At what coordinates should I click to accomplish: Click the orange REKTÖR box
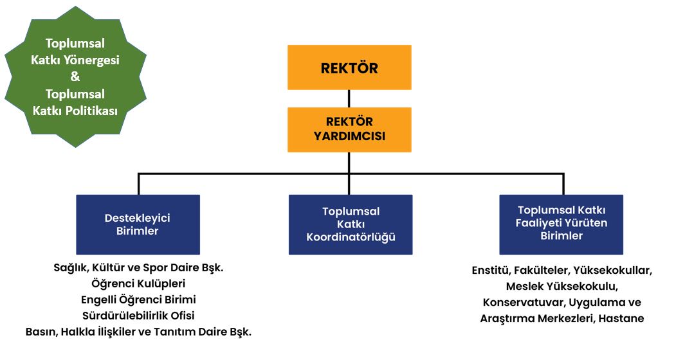click(349, 67)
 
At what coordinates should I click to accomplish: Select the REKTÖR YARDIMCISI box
click(349, 129)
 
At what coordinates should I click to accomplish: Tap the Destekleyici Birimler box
click(138, 224)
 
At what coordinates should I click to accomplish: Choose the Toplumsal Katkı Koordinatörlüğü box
click(351, 224)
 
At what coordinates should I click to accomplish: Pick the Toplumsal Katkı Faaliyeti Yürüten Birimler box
click(561, 224)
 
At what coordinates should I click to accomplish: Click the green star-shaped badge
click(75, 76)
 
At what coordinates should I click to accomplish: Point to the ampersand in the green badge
click(75, 76)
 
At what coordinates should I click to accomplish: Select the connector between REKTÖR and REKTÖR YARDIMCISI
click(349, 98)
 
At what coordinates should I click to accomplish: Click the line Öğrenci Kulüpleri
click(138, 283)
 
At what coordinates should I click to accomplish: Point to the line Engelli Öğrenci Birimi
click(138, 299)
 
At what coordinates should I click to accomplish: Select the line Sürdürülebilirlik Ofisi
click(138, 315)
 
